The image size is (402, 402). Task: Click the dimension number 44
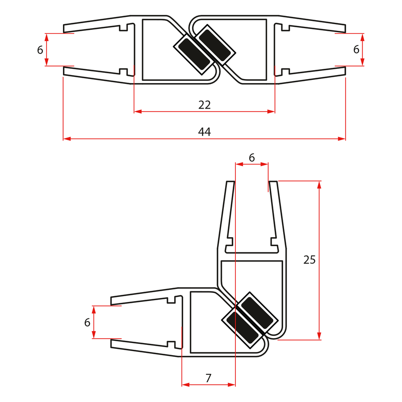coord(204,132)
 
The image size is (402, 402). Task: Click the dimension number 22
coord(204,105)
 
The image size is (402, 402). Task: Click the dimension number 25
coord(309,260)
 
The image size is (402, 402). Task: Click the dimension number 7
coord(208,378)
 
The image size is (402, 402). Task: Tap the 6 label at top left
coord(40,50)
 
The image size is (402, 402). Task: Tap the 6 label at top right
coord(356,50)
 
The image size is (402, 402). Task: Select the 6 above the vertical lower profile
coord(251,158)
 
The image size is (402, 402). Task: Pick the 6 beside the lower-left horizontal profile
coord(87,322)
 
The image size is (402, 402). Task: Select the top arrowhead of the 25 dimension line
coord(319,184)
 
